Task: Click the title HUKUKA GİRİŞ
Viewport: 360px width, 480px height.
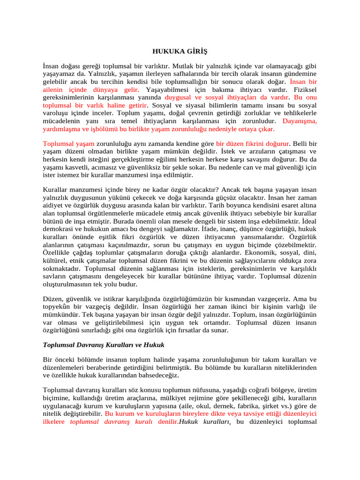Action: coord(180,51)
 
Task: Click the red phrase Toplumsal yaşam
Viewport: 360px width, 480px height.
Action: coord(68,143)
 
